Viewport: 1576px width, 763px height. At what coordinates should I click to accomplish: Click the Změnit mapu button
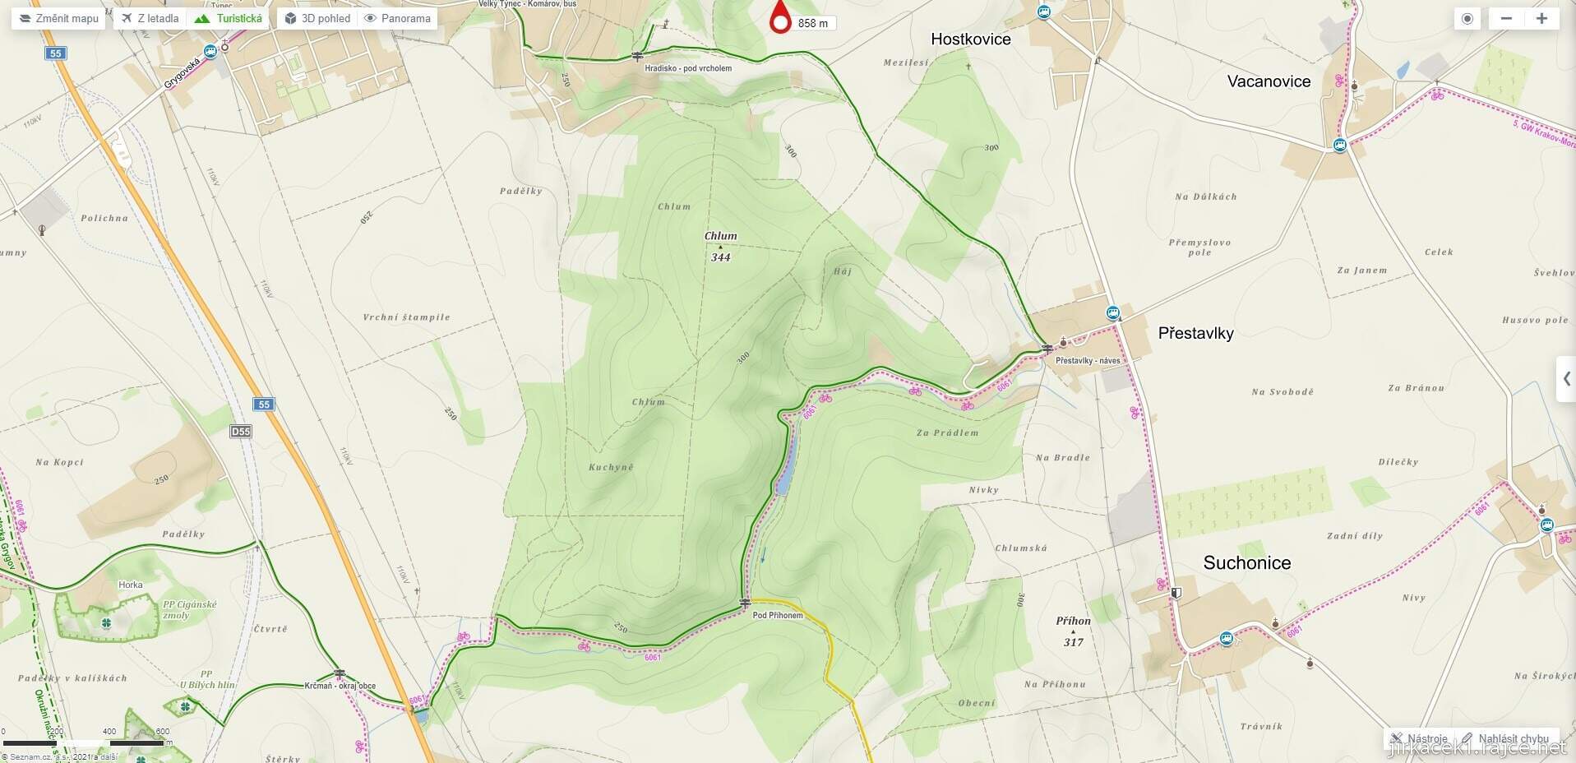pos(58,18)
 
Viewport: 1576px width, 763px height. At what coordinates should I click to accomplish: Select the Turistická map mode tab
pos(230,18)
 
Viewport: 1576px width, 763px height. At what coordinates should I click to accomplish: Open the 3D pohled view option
pos(317,18)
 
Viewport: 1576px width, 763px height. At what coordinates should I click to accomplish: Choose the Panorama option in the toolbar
pos(398,18)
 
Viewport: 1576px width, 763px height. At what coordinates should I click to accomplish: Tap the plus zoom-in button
pos(1541,18)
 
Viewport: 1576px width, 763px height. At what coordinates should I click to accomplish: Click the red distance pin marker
pos(780,18)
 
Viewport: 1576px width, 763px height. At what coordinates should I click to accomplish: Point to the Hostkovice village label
pos(970,39)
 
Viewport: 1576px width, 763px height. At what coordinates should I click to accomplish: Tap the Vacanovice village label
pos(1269,81)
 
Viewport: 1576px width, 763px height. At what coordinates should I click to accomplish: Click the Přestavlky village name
pos(1195,333)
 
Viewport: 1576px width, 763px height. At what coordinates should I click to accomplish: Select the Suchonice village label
pos(1246,563)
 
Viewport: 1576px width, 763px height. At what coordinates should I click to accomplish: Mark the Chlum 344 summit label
pos(720,246)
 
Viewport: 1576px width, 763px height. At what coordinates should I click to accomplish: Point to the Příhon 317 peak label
pos(1073,631)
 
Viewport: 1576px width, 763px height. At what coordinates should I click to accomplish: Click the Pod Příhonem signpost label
pos(777,615)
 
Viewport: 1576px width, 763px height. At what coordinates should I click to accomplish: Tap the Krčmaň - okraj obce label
pos(340,686)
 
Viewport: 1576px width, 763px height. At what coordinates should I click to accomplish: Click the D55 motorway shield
pos(241,432)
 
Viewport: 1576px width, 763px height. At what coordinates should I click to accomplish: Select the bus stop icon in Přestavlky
pos(1112,312)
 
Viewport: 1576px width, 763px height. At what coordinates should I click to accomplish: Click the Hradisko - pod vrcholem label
pos(688,68)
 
